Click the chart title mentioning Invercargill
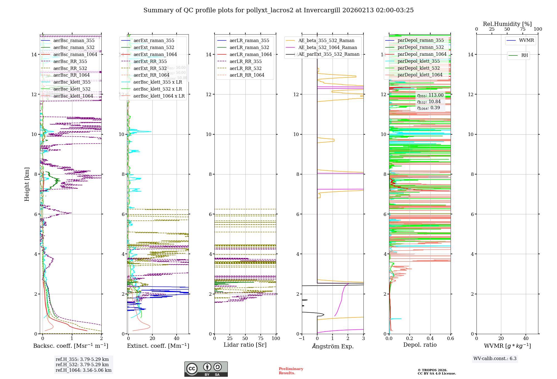coord(278,10)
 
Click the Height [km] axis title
coord(27,184)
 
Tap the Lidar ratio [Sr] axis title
coord(245,345)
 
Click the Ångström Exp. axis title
coord(333,346)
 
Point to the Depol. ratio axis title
coord(420,345)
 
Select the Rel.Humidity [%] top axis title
coord(507,24)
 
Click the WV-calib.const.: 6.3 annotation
coord(495,358)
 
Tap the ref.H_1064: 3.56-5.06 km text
coord(84,370)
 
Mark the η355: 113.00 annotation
coord(430,95)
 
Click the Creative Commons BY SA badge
coord(206,369)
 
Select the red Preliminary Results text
coord(291,371)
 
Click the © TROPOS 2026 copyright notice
coord(436,372)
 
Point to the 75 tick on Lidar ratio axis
coord(261,338)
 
